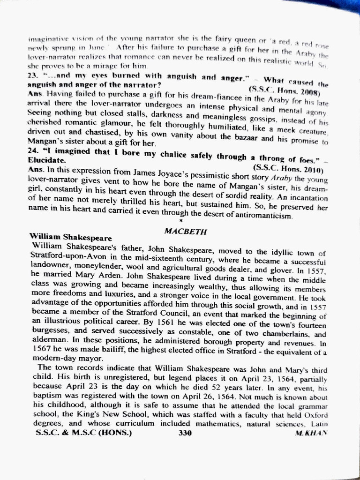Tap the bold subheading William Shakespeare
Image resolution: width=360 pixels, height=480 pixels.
(x=70, y=237)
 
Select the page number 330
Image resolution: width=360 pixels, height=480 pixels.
(x=185, y=433)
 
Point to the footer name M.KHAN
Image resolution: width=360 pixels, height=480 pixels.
(x=311, y=434)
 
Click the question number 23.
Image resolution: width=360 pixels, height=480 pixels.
(x=32, y=75)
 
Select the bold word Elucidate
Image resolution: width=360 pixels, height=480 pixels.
(x=45, y=160)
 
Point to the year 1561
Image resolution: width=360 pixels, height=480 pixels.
(x=140, y=323)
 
